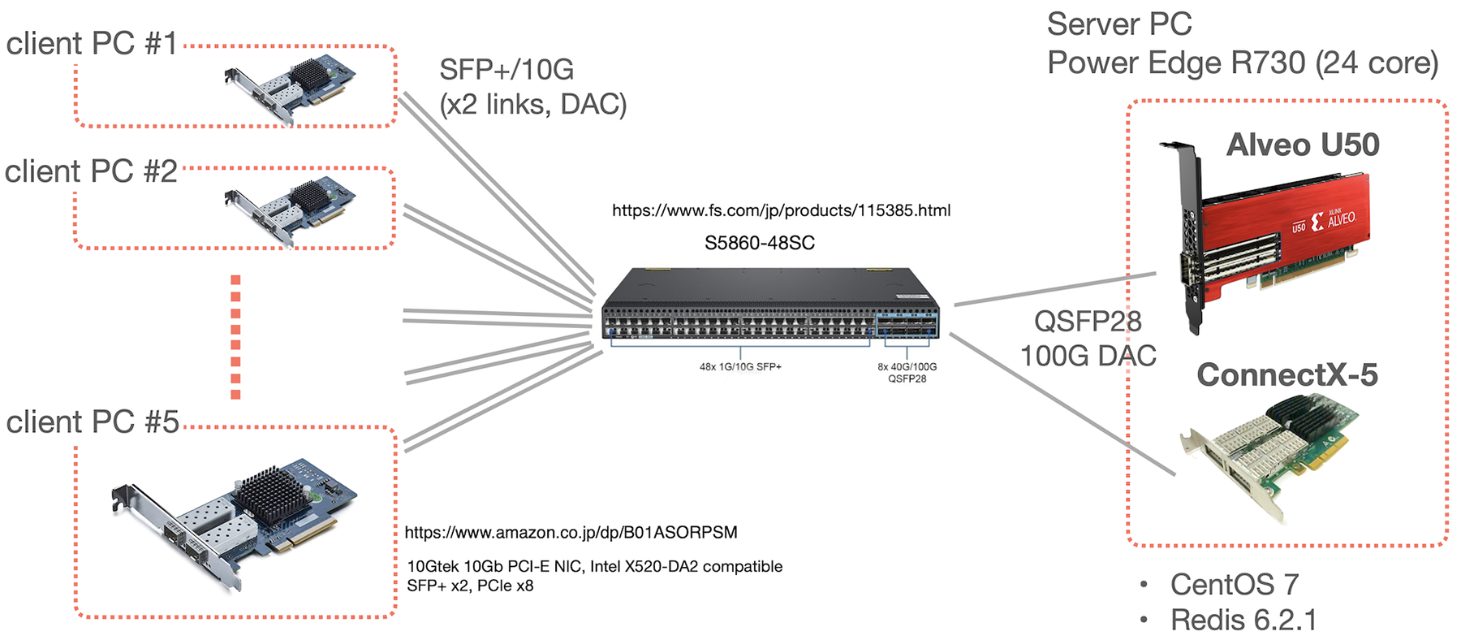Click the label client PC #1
91,43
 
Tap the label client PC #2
91,171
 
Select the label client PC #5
92,422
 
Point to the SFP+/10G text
506,70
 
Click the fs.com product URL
781,210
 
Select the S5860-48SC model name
759,243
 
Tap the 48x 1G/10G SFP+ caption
740,367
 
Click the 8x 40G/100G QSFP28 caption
907,372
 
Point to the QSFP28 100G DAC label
1088,339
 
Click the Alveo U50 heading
1302,145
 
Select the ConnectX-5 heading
1286,374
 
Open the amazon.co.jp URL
571,533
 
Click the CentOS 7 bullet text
1234,584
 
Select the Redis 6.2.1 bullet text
1243,620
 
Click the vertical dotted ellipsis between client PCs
235,337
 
